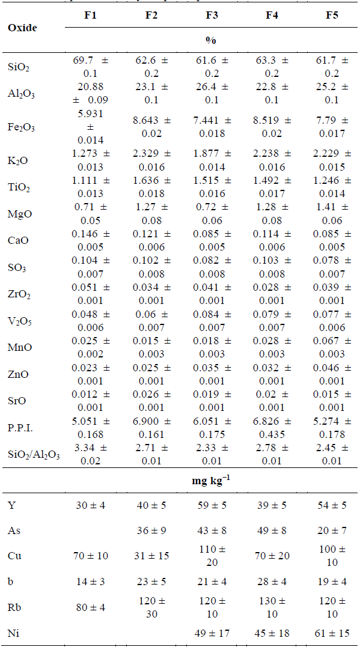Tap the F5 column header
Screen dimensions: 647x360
click(331, 16)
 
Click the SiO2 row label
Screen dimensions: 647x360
click(17, 66)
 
